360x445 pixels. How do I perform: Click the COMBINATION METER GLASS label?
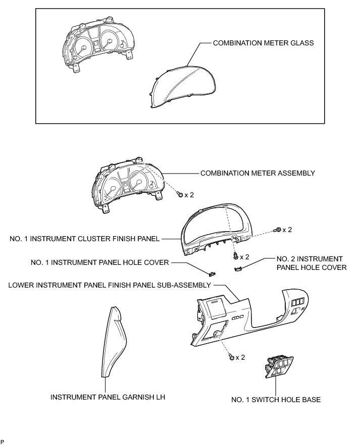click(x=263, y=43)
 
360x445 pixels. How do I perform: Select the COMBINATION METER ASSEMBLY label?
click(x=258, y=173)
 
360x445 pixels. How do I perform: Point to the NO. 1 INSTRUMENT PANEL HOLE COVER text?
click(x=100, y=262)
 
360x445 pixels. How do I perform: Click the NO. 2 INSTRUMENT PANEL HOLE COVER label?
click(x=311, y=263)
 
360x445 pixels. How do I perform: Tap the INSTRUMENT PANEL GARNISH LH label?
click(x=108, y=397)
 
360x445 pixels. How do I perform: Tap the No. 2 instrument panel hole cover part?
click(x=239, y=269)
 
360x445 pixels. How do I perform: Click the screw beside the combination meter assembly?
click(x=180, y=194)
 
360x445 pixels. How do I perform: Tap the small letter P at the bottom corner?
click(x=3, y=442)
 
